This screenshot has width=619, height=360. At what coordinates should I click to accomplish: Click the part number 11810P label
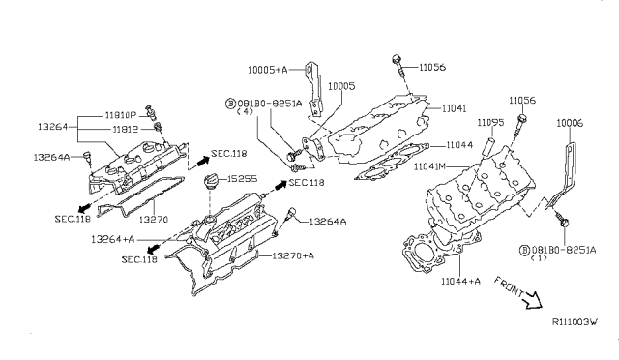(x=120, y=115)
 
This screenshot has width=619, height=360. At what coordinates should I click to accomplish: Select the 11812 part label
(x=126, y=130)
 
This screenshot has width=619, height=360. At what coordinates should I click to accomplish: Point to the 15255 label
(x=242, y=179)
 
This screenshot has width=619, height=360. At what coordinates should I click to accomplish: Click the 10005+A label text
(x=268, y=70)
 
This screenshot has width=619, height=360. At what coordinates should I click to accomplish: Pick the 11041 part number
(x=454, y=107)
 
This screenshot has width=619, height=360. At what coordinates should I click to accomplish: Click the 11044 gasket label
(x=459, y=145)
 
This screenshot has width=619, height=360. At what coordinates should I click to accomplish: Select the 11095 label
(x=490, y=123)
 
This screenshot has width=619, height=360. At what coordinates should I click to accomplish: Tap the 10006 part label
(x=570, y=123)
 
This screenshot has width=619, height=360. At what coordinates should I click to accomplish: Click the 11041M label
(x=429, y=166)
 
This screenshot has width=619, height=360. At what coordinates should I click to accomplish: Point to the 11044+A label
(x=460, y=281)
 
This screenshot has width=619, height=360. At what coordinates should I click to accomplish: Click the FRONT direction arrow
(x=531, y=300)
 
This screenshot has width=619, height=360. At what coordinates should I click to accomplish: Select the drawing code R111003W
(x=575, y=321)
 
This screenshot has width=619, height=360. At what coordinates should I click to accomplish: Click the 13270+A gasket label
(x=293, y=255)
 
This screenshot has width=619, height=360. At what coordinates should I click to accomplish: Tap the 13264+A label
(x=113, y=239)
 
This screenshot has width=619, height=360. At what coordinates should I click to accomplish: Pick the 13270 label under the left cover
(x=154, y=219)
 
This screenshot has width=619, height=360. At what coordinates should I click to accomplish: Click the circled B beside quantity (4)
(x=230, y=104)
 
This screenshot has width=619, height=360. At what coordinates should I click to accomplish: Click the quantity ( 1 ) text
(x=539, y=258)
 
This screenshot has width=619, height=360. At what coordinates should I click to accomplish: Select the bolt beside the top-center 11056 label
(x=398, y=66)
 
